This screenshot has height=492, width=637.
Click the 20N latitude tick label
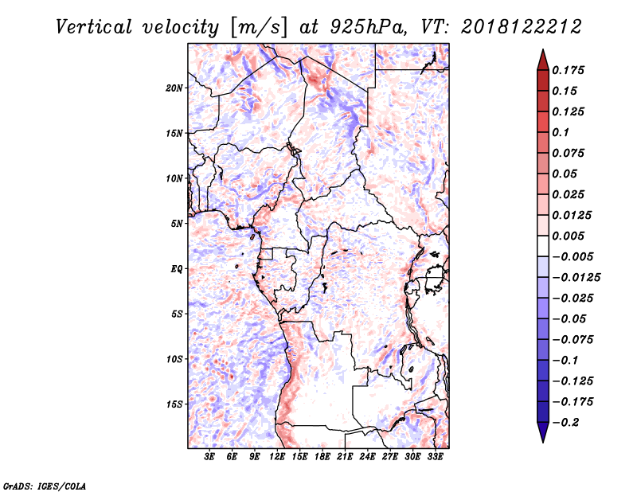(x=174, y=88)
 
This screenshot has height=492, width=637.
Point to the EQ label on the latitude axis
(x=177, y=269)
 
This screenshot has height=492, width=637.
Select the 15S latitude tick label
(x=174, y=404)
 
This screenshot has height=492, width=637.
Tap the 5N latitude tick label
(x=177, y=224)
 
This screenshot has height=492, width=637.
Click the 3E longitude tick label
(x=209, y=457)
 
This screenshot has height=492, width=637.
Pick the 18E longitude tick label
(x=322, y=457)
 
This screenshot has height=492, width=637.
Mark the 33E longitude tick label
(x=435, y=457)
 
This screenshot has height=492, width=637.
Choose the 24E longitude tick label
(x=367, y=457)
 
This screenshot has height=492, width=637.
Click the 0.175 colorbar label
(x=568, y=70)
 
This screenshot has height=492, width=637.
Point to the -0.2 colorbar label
(x=565, y=423)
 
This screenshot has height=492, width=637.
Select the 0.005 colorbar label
(x=568, y=236)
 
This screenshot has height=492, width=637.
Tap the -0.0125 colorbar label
(x=576, y=278)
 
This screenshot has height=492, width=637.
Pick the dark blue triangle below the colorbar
(x=543, y=431)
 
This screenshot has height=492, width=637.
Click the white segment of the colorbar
(x=543, y=246)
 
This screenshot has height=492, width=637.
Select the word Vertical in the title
(x=94, y=27)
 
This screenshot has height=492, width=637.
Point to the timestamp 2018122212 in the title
(x=522, y=27)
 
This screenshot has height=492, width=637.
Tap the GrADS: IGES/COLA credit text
(x=45, y=486)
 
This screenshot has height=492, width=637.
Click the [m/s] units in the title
(x=259, y=28)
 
